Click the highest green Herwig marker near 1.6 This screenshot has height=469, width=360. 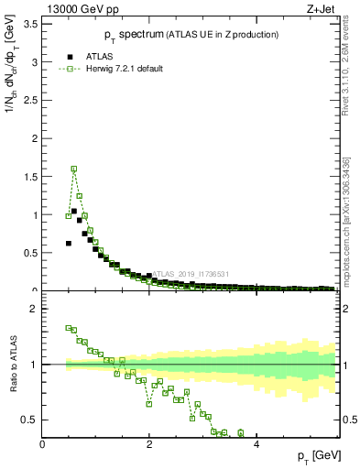[x=74, y=169]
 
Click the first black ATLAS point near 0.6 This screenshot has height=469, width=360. [x=69, y=244]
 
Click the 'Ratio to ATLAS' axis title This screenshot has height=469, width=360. [x=12, y=365]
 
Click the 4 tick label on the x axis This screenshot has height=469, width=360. [x=256, y=444]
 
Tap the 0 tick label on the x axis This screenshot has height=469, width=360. [x=42, y=444]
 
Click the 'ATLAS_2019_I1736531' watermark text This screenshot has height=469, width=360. [x=191, y=274]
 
